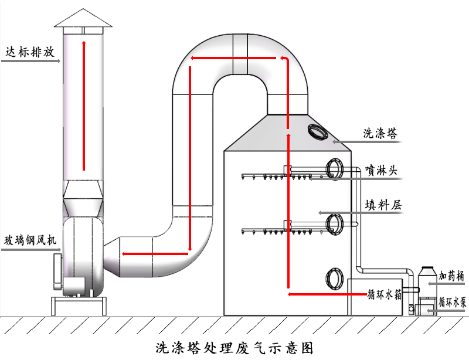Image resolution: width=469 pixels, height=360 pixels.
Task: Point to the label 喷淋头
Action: (381, 171)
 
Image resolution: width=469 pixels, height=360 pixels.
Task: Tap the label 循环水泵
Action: (452, 303)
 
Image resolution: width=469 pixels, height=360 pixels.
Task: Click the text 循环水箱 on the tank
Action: (385, 295)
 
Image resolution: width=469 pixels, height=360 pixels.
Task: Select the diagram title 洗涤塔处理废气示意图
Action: (235, 347)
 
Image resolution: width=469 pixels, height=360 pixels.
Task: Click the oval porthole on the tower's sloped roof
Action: (318, 131)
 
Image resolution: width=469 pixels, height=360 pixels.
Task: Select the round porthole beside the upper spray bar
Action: (336, 169)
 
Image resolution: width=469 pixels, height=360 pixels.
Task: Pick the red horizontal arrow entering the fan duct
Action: (155, 254)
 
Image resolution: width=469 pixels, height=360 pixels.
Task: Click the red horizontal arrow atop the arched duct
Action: (235, 58)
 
